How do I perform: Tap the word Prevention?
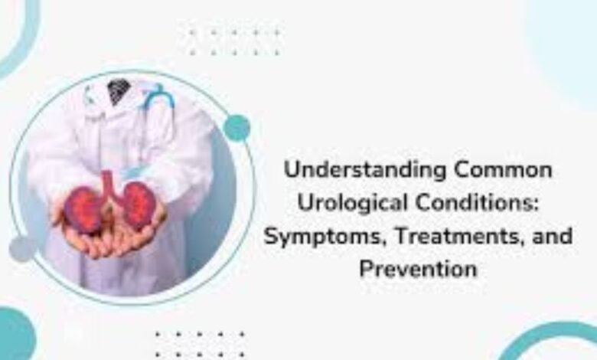click(419, 269)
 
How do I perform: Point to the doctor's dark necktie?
click(119, 93)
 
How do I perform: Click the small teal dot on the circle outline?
click(237, 127)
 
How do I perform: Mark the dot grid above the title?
click(233, 41)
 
